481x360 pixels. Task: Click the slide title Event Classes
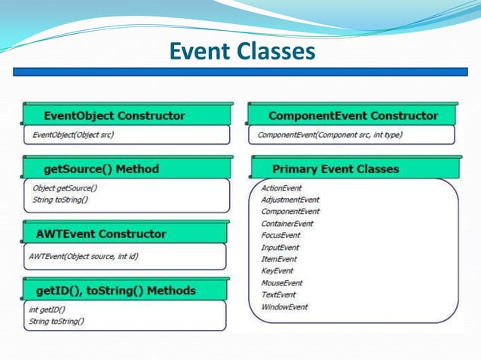241,51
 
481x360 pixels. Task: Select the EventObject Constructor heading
114,116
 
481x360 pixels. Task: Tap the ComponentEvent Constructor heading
353,116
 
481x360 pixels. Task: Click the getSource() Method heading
101,169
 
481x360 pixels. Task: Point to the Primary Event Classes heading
335,169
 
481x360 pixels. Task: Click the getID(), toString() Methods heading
115,290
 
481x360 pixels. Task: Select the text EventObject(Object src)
73,136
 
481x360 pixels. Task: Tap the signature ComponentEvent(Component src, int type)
329,136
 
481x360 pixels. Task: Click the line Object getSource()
65,188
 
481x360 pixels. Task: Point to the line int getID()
47,310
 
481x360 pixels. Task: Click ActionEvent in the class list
281,188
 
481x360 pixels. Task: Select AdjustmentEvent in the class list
290,200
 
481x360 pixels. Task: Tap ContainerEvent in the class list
286,224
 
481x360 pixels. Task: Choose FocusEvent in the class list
280,235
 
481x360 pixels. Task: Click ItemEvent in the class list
278,259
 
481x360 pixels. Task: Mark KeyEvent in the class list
277,270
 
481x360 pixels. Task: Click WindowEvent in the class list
283,307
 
